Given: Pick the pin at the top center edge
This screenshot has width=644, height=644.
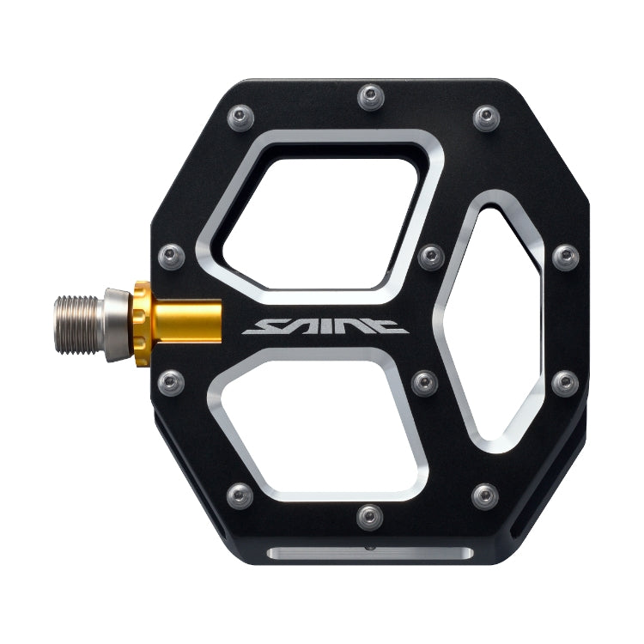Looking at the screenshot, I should [x=370, y=93].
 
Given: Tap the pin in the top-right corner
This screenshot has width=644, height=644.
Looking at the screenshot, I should [x=486, y=114].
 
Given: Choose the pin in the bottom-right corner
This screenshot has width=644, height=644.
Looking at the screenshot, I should [x=486, y=494].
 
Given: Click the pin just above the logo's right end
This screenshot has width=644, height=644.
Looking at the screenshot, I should [x=431, y=255].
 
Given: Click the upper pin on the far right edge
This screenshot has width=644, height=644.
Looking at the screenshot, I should [x=565, y=255].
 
